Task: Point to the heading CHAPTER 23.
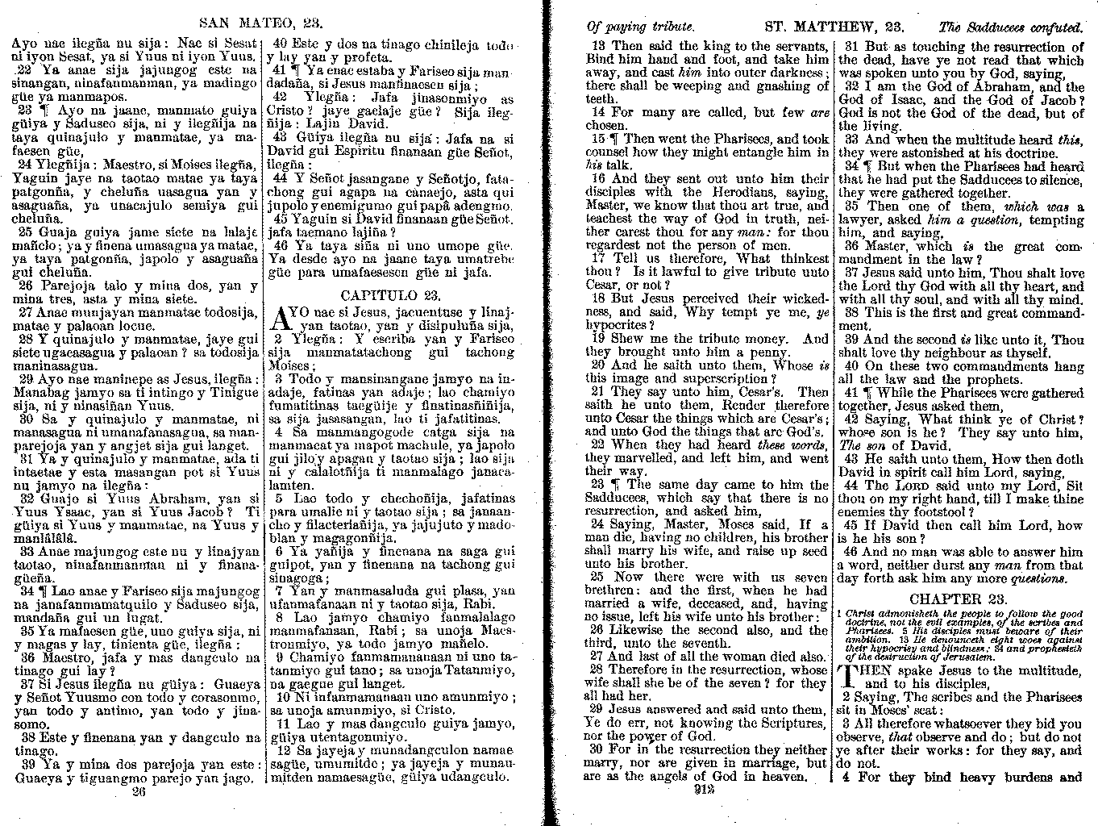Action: coord(958,599)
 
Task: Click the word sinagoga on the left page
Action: coord(294,578)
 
